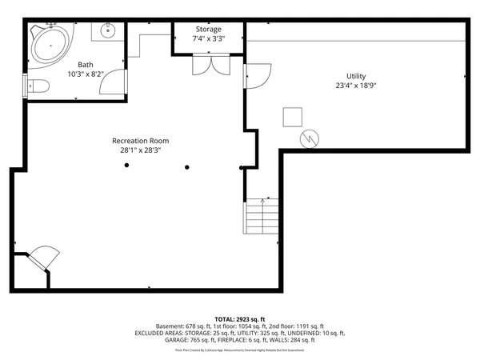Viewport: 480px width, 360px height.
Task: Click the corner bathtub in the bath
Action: (x=50, y=45)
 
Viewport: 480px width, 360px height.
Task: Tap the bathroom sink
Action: (x=106, y=31)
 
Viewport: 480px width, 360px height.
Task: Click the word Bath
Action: (x=86, y=65)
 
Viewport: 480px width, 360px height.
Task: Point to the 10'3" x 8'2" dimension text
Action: (x=86, y=74)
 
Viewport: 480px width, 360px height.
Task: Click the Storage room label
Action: (x=208, y=30)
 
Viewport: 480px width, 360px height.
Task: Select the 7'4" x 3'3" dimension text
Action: (x=208, y=38)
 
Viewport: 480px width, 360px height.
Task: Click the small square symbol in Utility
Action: (x=291, y=117)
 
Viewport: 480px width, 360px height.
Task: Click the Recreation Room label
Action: (x=140, y=141)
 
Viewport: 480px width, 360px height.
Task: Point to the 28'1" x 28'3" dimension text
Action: (x=140, y=150)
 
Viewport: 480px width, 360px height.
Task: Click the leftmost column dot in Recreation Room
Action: (x=126, y=166)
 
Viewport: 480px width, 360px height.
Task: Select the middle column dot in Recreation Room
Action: (x=187, y=167)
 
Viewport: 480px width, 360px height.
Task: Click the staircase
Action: (x=260, y=216)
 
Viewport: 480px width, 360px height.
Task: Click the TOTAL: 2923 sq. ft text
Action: (x=239, y=318)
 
